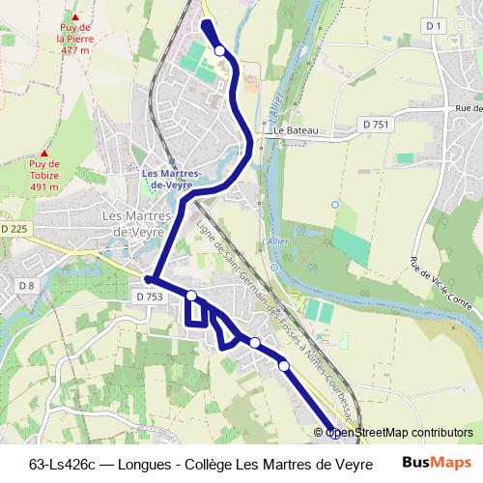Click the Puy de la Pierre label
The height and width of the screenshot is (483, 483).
72,39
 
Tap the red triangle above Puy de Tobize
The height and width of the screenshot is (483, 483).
43,152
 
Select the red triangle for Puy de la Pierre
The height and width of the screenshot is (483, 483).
73,16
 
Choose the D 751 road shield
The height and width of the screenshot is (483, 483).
376,125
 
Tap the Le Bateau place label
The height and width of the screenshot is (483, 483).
296,129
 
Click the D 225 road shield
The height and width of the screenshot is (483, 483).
14,229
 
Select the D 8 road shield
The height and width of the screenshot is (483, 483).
26,285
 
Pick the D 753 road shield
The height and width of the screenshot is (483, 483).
150,297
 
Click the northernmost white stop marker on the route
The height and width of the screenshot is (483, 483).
220,50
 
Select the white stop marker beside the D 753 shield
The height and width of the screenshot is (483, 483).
191,295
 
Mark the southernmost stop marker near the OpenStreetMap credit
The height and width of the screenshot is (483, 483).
334,432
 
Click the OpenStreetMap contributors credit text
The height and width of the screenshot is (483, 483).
399,433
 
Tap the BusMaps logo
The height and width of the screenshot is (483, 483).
436,462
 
